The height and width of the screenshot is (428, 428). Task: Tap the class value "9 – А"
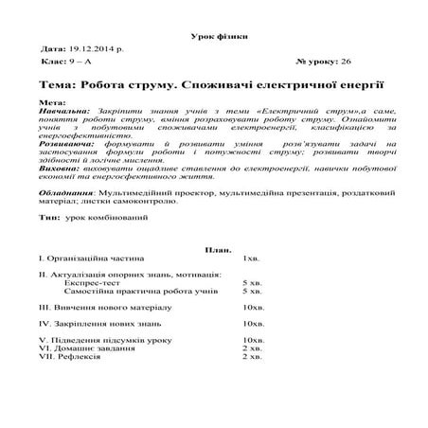point(86,60)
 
